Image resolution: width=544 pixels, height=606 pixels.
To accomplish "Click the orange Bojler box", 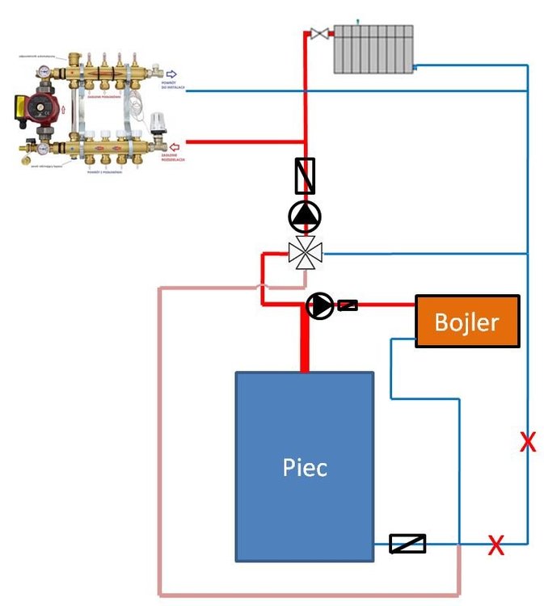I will (x=467, y=322).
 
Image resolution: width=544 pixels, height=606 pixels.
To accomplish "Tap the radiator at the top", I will (x=373, y=48).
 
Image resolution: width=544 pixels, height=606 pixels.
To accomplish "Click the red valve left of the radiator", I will (x=320, y=34).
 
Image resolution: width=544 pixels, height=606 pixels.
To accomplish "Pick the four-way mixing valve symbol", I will (x=305, y=254).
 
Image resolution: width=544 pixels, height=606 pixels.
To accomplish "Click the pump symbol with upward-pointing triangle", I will (x=305, y=216).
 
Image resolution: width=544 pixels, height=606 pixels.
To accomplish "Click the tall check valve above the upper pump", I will (x=305, y=175).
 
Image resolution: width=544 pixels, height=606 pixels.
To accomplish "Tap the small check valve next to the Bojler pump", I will (x=348, y=305).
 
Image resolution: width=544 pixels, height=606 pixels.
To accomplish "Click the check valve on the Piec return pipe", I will (x=407, y=544).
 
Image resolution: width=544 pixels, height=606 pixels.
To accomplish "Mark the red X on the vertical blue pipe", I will (x=527, y=442).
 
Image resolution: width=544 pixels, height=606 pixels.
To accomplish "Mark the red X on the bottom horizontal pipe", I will (x=496, y=546).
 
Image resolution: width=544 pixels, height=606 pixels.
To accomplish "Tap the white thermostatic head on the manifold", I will (x=158, y=124).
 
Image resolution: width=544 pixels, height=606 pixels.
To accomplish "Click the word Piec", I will (x=305, y=467).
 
